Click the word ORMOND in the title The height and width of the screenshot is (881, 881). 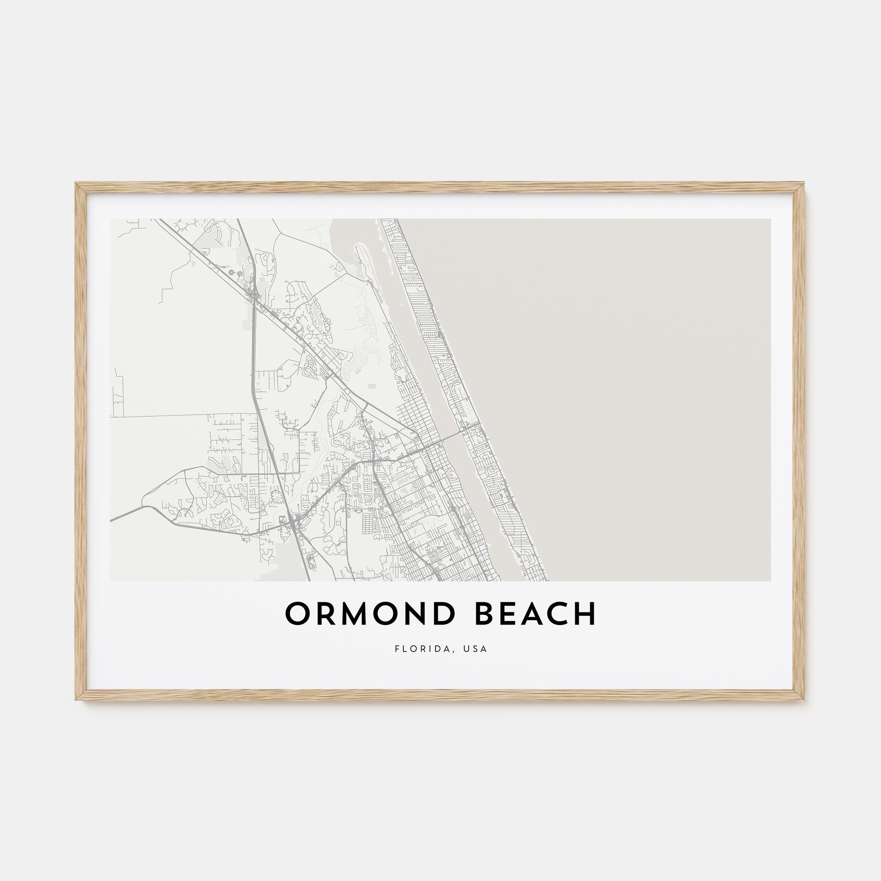(370, 614)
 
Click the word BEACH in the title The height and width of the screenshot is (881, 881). (536, 614)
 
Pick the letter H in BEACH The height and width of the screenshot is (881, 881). (585, 614)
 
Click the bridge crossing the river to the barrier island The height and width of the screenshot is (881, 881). (452, 436)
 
